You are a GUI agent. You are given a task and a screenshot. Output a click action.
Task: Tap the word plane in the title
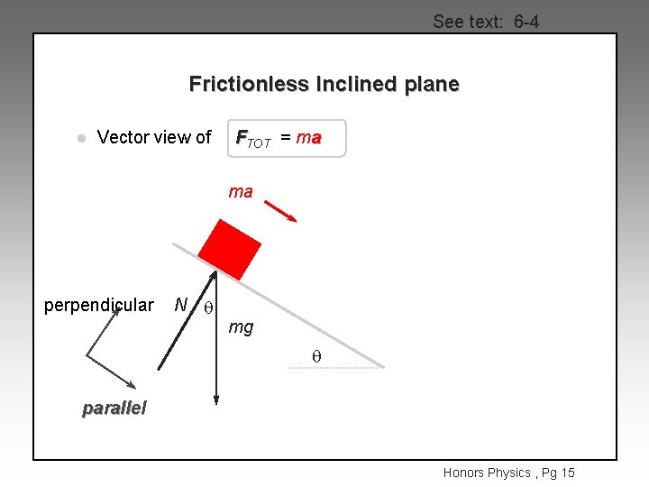click(x=432, y=85)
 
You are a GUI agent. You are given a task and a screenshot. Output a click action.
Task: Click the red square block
click(x=229, y=248)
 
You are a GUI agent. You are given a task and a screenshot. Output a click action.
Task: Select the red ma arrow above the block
click(x=281, y=210)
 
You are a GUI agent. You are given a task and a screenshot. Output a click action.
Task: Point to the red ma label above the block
click(x=241, y=192)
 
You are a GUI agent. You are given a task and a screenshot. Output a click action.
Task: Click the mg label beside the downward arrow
click(x=241, y=327)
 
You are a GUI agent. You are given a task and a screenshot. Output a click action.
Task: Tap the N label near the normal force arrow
click(x=181, y=305)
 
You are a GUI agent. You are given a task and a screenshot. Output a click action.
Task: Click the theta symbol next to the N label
click(x=207, y=307)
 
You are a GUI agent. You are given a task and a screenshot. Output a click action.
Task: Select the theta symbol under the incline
click(x=316, y=358)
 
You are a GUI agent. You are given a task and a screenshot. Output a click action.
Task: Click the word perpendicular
click(x=99, y=305)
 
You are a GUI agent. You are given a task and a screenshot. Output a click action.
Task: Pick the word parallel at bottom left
click(x=114, y=408)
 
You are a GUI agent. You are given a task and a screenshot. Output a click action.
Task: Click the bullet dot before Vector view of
click(x=80, y=139)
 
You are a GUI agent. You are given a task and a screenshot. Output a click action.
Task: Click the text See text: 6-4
click(x=486, y=22)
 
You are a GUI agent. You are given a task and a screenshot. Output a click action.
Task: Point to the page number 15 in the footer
click(x=566, y=473)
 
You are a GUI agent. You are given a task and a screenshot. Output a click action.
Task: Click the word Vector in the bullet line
click(x=121, y=137)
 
